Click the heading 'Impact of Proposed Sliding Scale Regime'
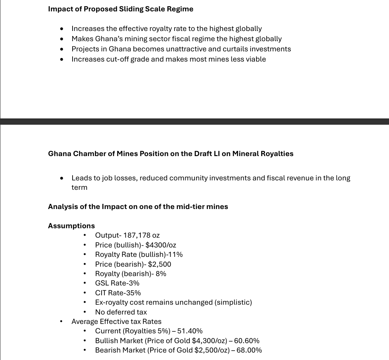[x=120, y=9]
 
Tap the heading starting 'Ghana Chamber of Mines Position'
[x=171, y=154]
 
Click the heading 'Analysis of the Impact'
[x=138, y=207]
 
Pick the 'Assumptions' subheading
[x=71, y=226]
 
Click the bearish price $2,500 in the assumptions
[x=160, y=264]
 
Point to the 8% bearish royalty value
[x=161, y=274]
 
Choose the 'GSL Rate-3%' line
[x=117, y=283]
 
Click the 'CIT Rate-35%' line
[x=118, y=293]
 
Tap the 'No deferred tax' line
[x=121, y=312]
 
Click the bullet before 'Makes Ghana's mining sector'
[x=62, y=39]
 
